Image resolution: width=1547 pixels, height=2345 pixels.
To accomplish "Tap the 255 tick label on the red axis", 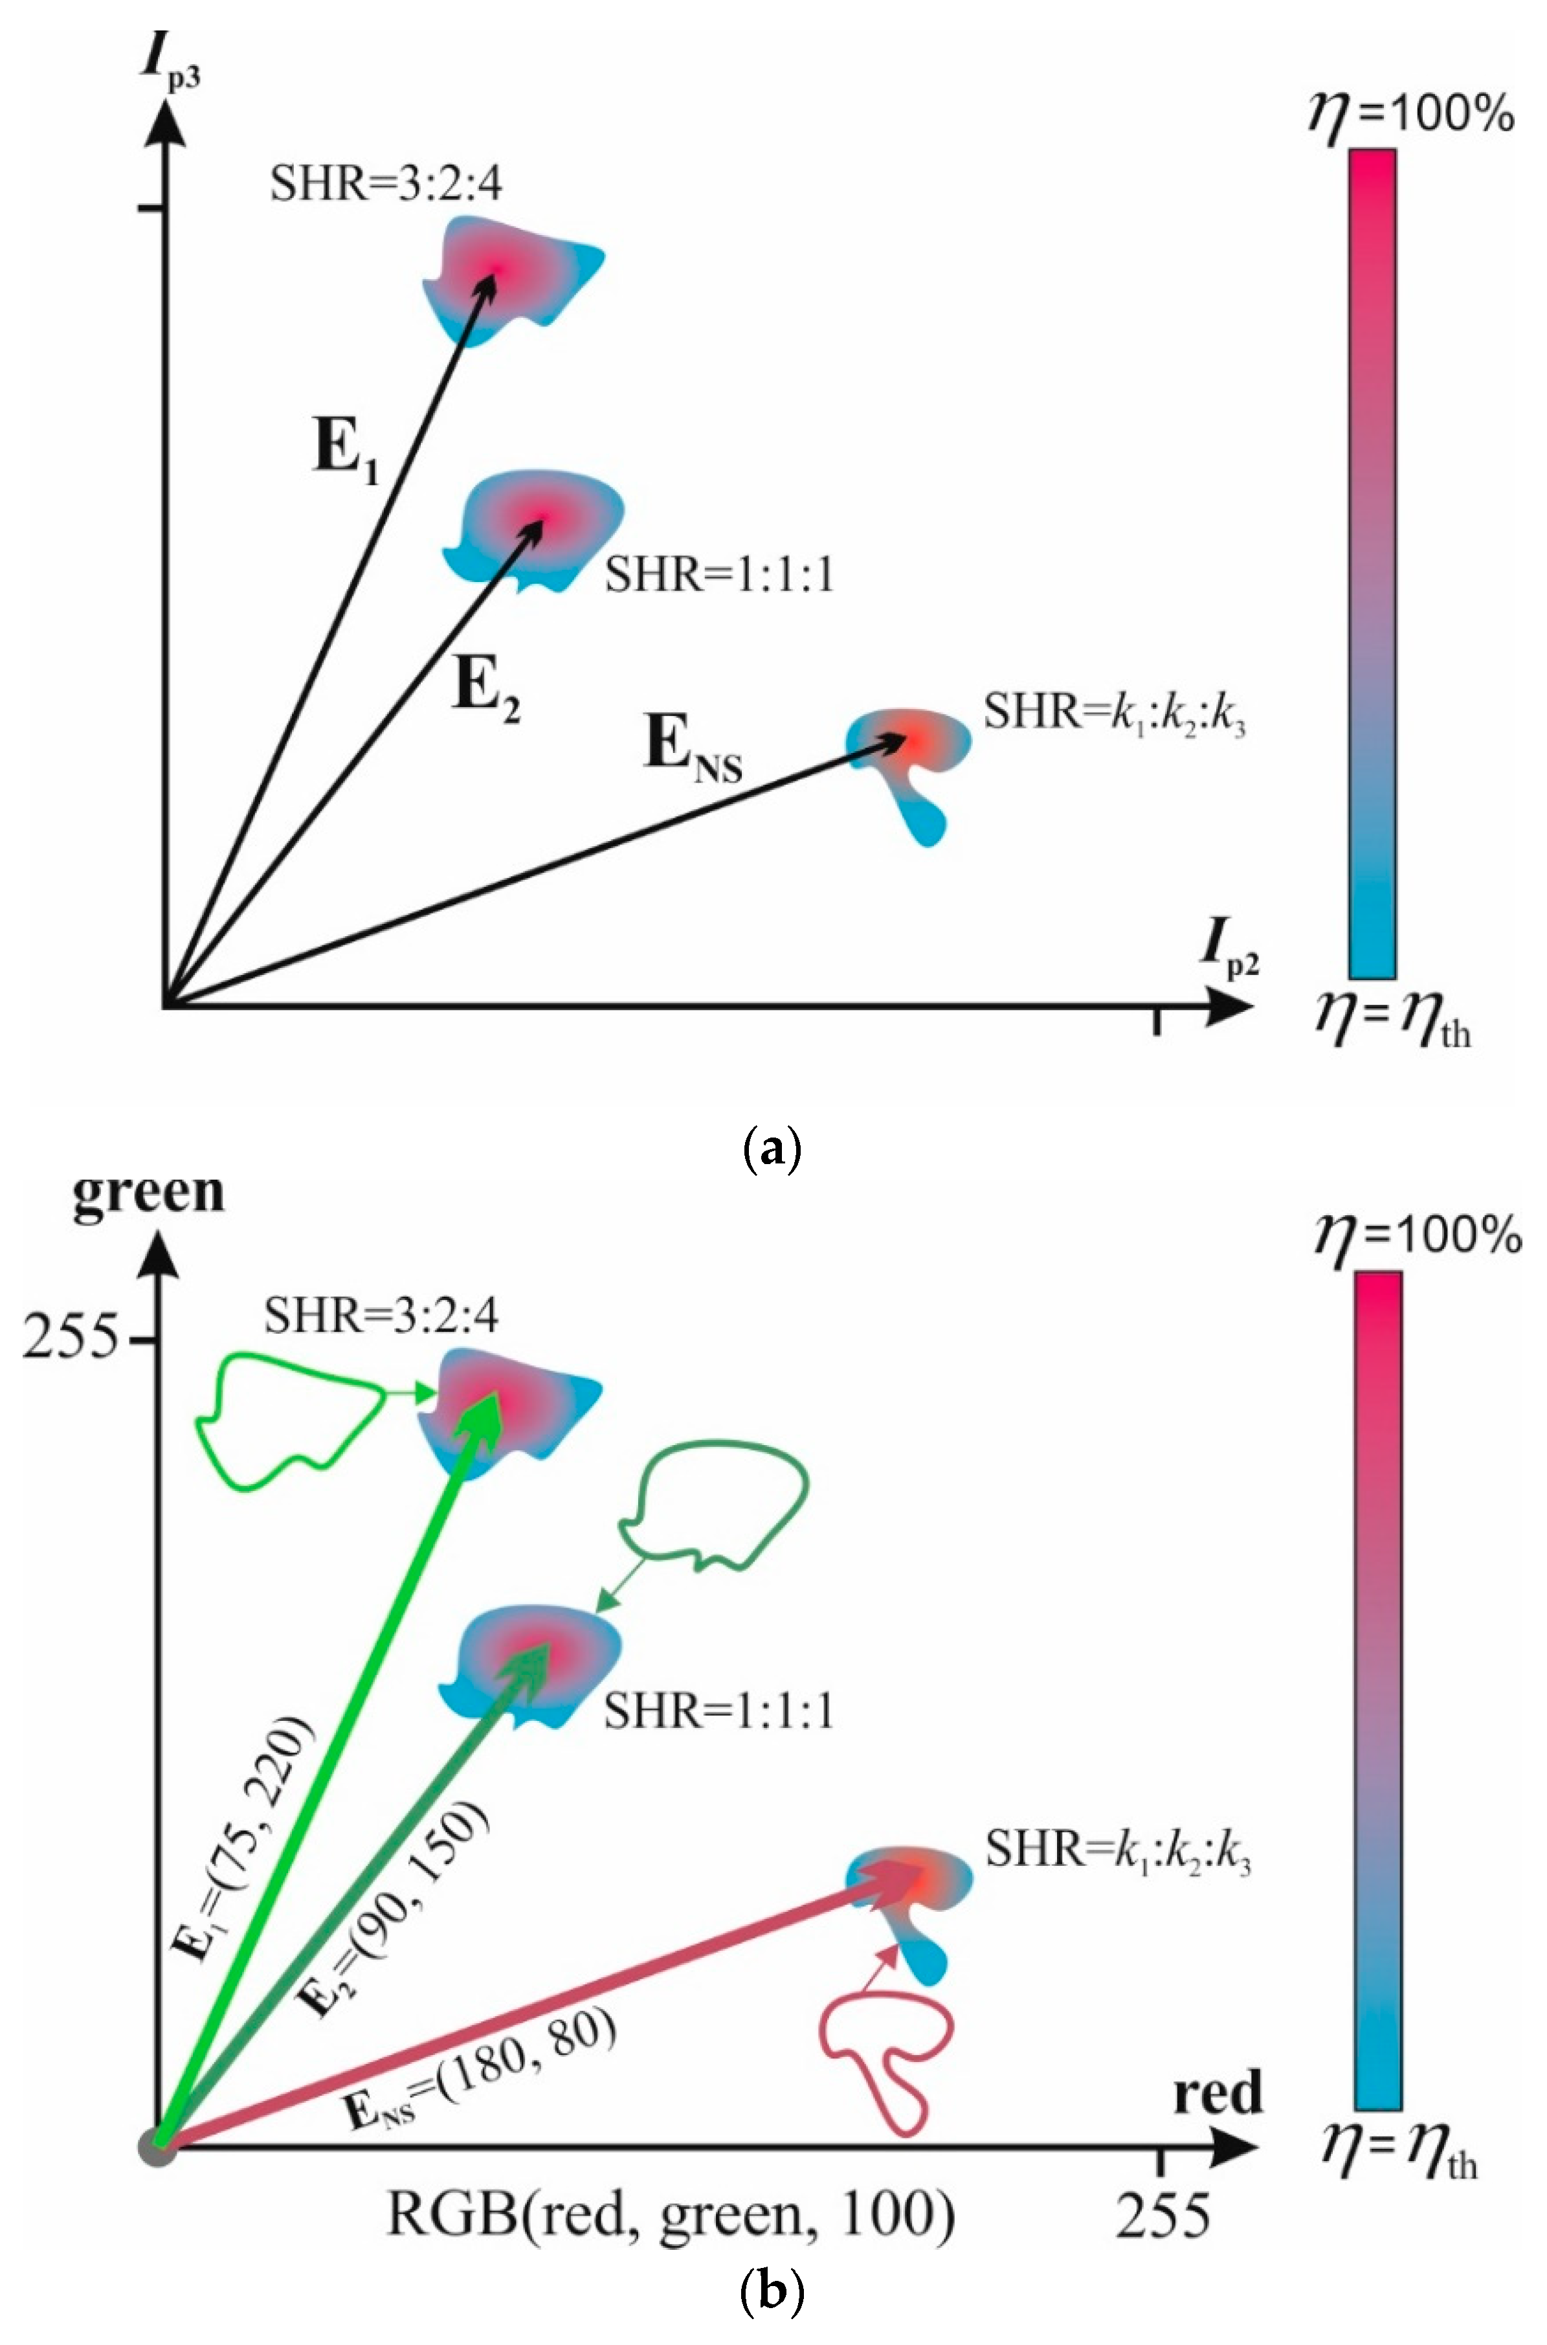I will tap(1163, 2215).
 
